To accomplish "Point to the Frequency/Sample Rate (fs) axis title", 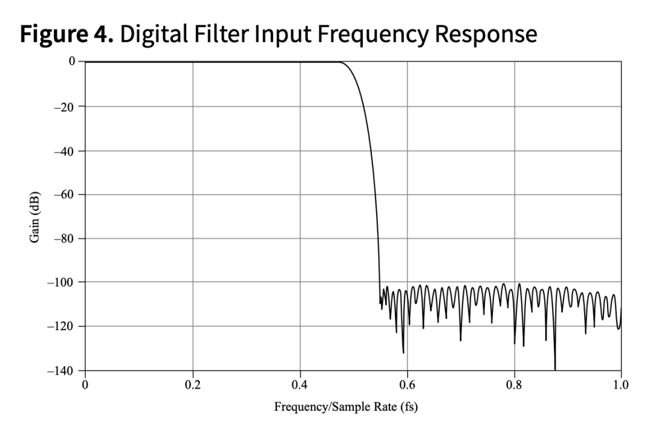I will tap(346, 406).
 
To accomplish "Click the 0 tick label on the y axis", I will tap(72, 62).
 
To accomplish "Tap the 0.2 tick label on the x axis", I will tap(193, 383).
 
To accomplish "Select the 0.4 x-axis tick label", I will tap(300, 383).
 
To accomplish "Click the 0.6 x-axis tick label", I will tap(407, 383).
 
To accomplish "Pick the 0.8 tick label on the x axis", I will tap(515, 383).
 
